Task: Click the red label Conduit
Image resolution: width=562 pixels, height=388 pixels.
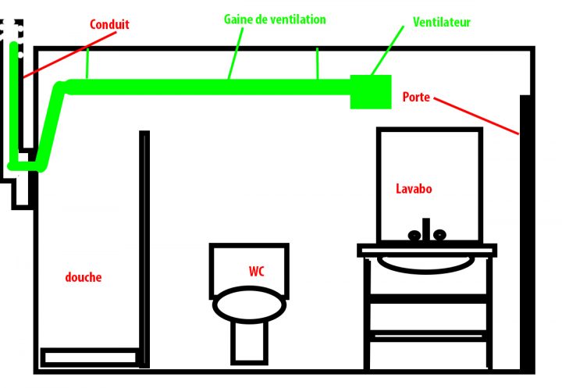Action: tap(109, 25)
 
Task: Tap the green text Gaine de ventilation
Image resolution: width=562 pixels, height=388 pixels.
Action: tap(274, 19)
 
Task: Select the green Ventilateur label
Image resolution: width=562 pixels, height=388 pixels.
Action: tap(442, 23)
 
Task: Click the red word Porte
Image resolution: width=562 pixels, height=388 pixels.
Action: tap(416, 98)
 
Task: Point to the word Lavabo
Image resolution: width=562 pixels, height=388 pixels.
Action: tap(413, 189)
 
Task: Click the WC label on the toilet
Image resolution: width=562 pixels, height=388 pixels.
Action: tap(257, 272)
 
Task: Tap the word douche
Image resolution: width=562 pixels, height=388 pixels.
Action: tap(83, 277)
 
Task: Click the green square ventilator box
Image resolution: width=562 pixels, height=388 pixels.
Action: tap(370, 91)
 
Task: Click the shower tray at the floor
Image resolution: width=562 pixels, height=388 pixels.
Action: tap(90, 358)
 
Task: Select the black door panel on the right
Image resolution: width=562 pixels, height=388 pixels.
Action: tap(526, 234)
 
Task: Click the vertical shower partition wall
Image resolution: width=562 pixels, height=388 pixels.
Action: tap(144, 242)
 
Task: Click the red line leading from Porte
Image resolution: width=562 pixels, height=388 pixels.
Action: tap(476, 116)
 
